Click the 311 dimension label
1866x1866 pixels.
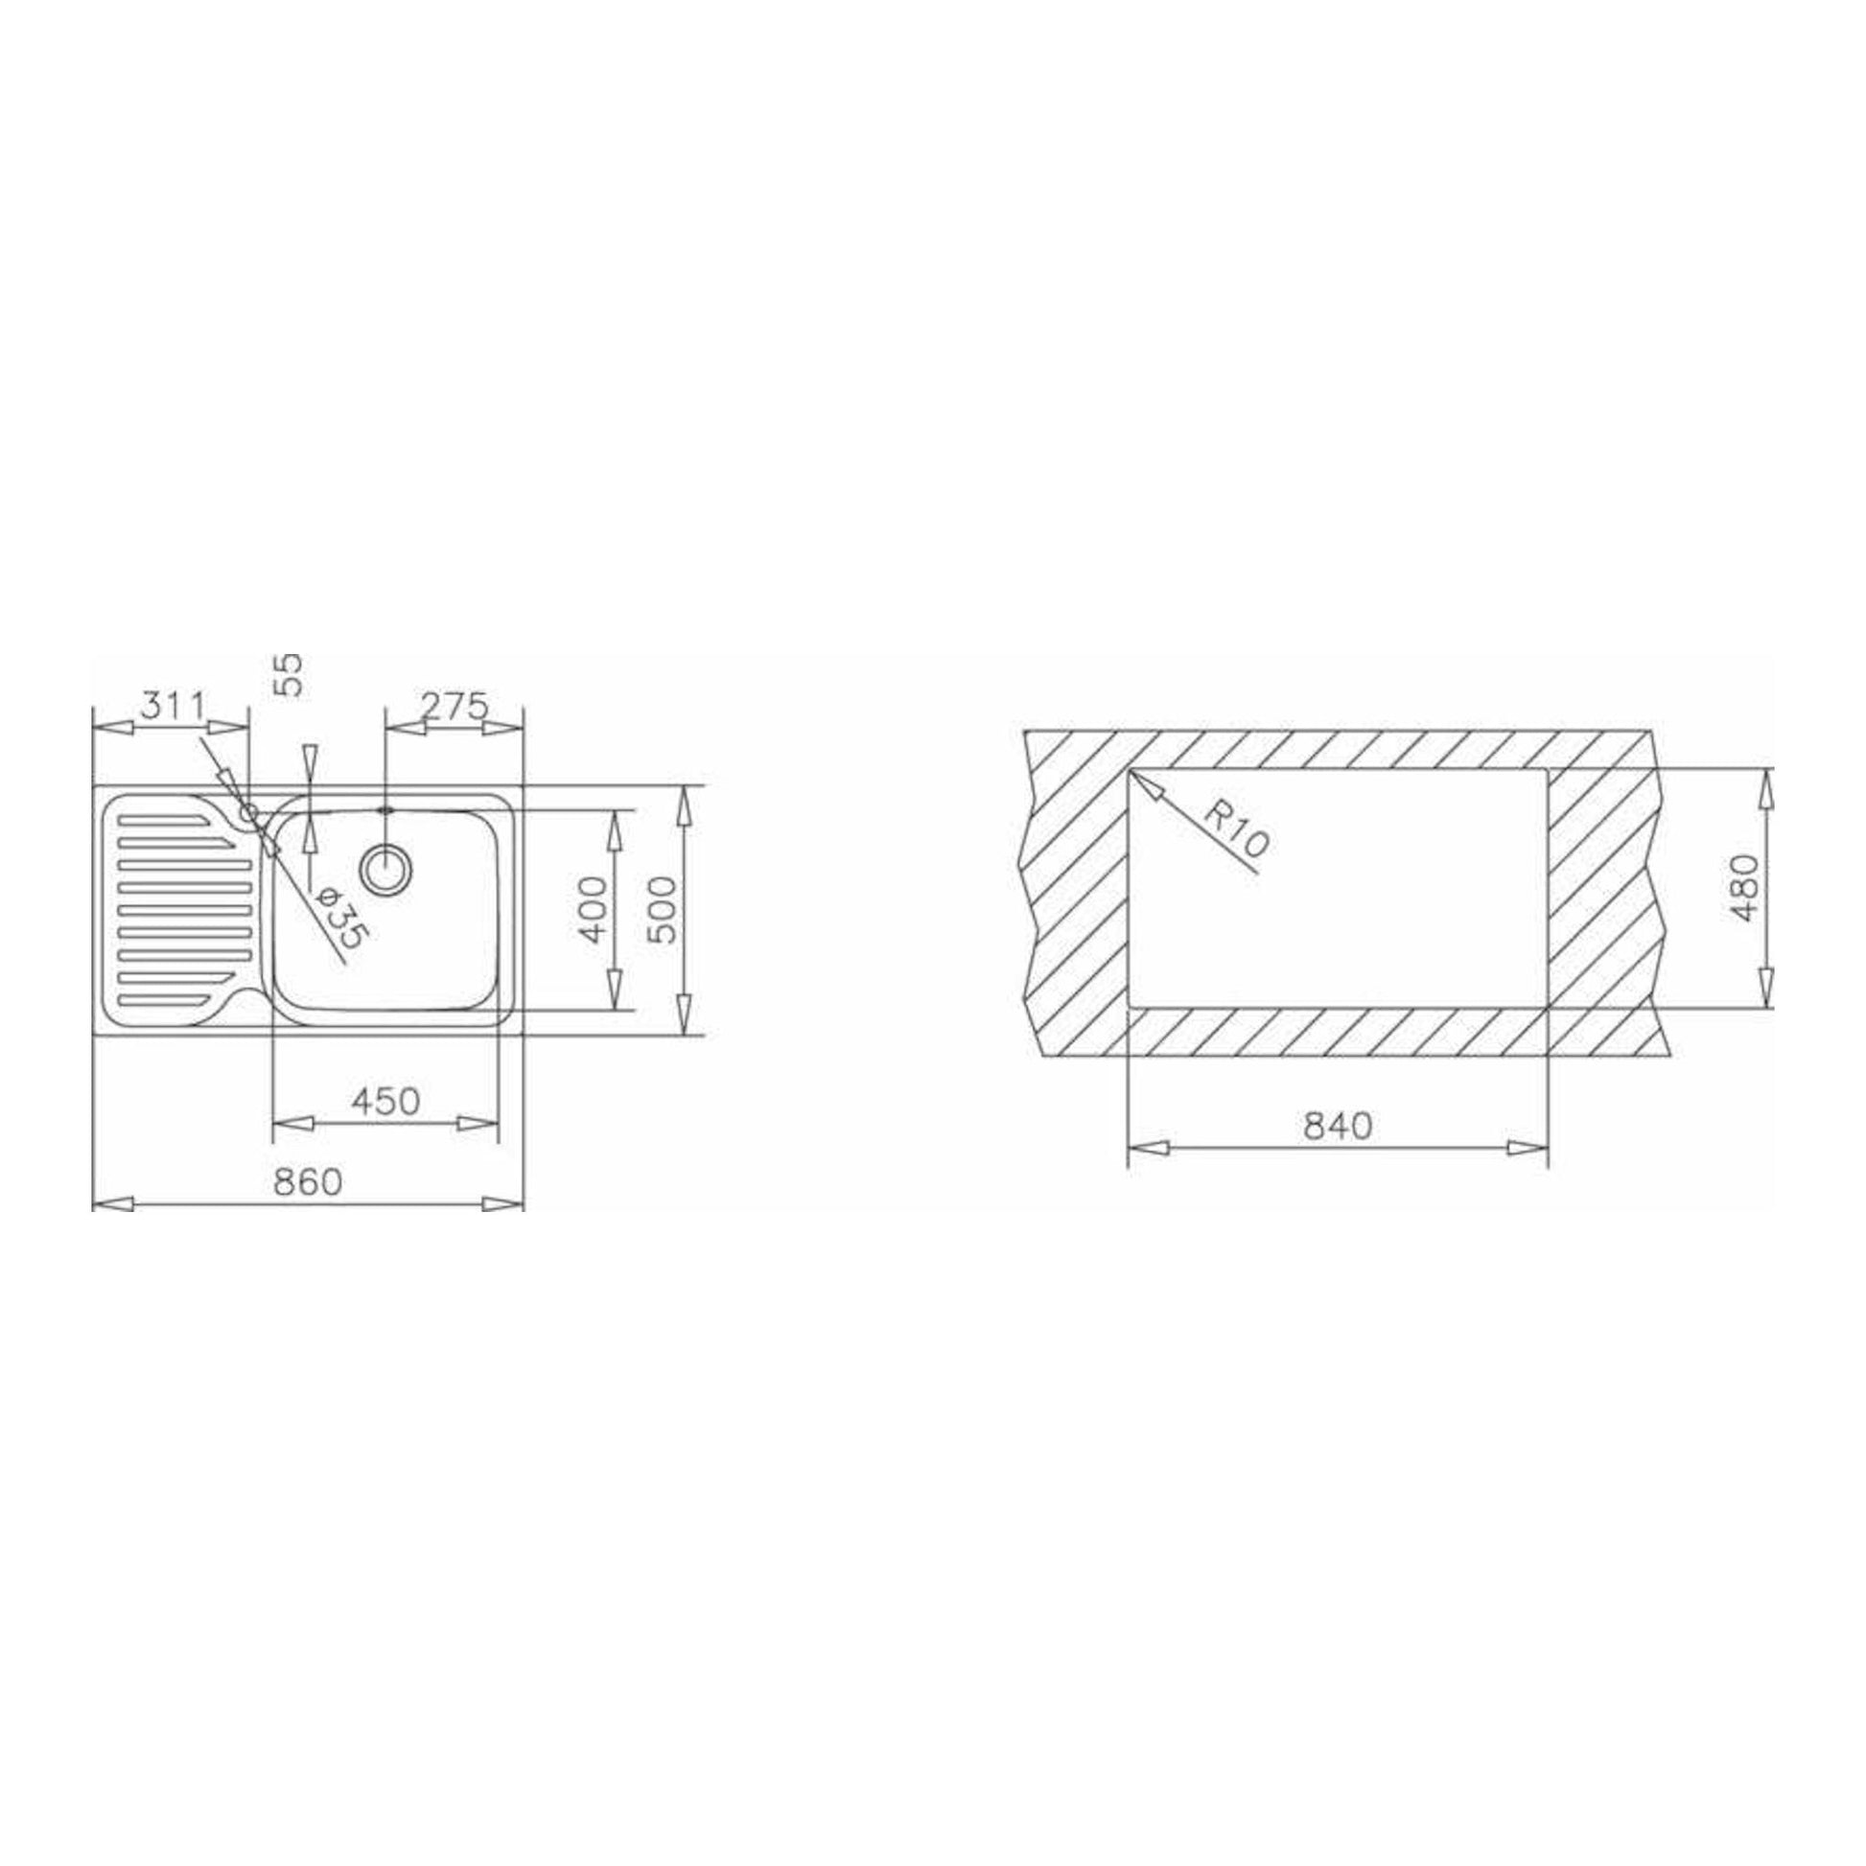pos(173,707)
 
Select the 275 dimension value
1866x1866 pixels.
pos(454,707)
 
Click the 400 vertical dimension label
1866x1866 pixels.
pos(594,909)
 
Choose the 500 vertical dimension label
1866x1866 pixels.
pos(664,909)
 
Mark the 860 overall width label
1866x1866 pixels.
pos(307,1181)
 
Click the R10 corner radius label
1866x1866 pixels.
pos(1235,828)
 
